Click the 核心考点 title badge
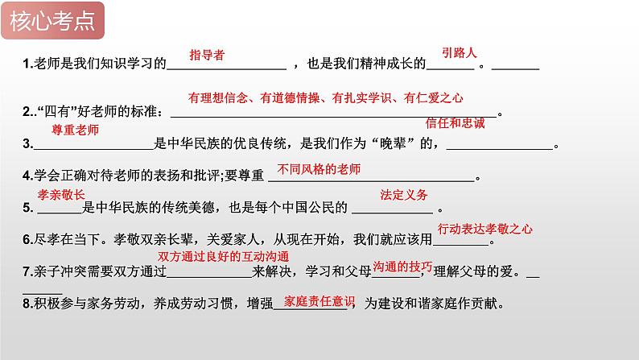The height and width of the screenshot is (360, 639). point(52,21)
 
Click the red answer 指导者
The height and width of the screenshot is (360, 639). point(207,55)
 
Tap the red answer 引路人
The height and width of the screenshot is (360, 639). point(460,52)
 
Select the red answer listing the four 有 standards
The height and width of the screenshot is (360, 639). point(326,97)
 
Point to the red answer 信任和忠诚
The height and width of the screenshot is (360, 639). point(456,123)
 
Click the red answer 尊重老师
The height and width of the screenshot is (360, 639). point(76,130)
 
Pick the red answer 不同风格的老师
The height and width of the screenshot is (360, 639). point(319,169)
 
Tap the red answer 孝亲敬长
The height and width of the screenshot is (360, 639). point(61,195)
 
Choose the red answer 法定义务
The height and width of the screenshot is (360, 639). point(404,195)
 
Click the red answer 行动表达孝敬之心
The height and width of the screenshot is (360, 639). point(485,230)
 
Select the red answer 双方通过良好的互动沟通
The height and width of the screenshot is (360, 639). point(223,256)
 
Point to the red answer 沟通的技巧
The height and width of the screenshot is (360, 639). point(402,267)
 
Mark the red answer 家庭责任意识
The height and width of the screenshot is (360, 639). point(319,301)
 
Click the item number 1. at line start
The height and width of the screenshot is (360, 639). point(27,64)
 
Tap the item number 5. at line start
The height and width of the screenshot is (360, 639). point(27,208)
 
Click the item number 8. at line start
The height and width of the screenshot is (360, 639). point(27,304)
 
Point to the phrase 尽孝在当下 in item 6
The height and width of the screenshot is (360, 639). point(67,240)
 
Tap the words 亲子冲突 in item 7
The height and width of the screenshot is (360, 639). point(60,271)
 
